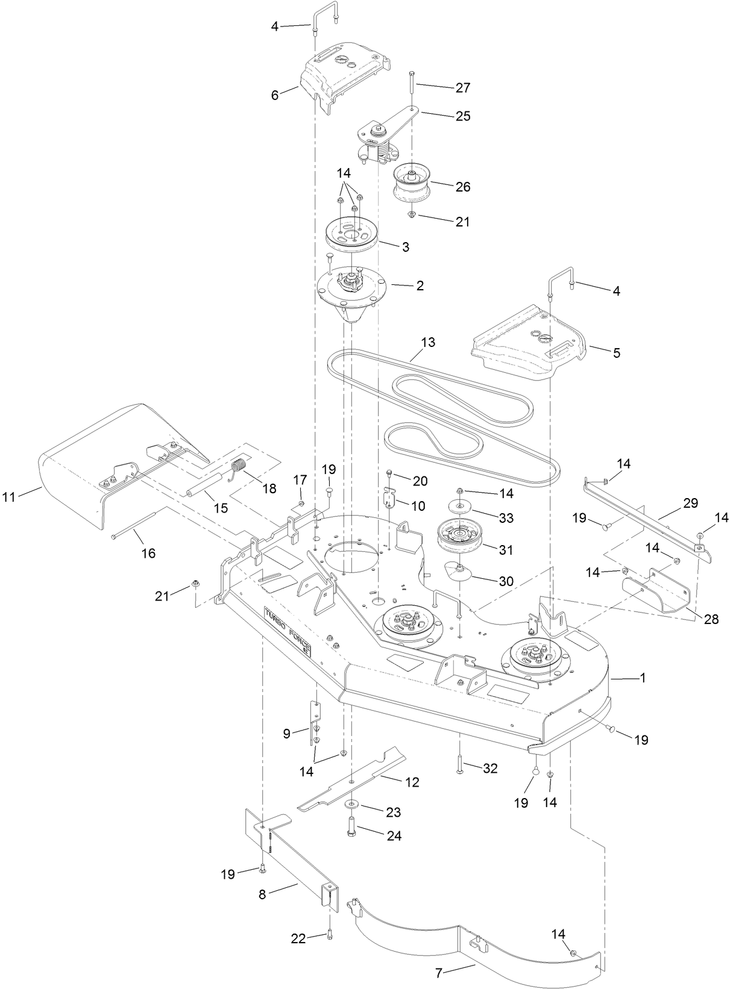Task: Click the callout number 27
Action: click(x=463, y=87)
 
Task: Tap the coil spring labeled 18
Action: click(x=240, y=468)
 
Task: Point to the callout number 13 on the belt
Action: click(x=427, y=342)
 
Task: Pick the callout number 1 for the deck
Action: click(x=643, y=678)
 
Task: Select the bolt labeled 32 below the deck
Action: click(x=459, y=765)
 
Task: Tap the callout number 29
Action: click(x=690, y=502)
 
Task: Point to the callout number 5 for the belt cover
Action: click(x=616, y=352)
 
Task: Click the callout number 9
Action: click(x=287, y=733)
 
